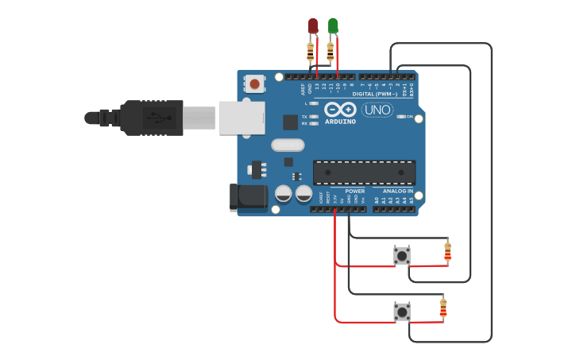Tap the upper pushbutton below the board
pos(402,256)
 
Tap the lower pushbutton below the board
pos(402,312)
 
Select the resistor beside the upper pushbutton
pos(447,252)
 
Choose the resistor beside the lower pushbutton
pos(443,307)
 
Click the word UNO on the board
pos(377,110)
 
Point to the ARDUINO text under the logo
pos(341,122)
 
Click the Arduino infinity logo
pos(340,110)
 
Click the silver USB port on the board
pos(241,118)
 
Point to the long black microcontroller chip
pos(364,172)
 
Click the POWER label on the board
pos(355,191)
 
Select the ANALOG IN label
pos(398,191)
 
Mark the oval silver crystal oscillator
pos(287,145)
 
